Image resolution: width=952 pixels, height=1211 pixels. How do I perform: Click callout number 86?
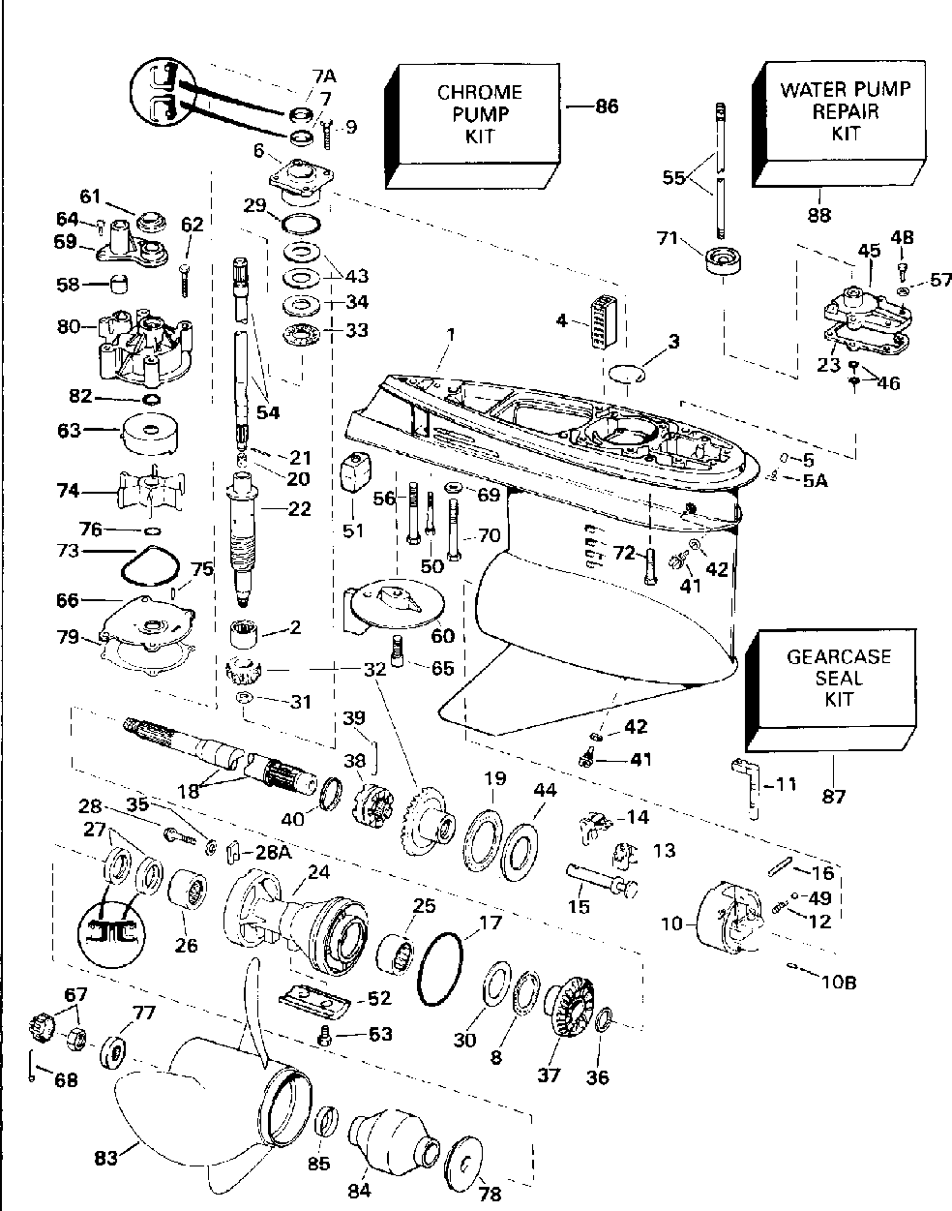coord(606,107)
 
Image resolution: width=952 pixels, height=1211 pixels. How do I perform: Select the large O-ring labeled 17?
coord(441,968)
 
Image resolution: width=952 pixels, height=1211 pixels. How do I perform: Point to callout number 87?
coord(833,797)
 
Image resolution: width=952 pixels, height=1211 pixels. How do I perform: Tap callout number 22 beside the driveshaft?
coord(299,509)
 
